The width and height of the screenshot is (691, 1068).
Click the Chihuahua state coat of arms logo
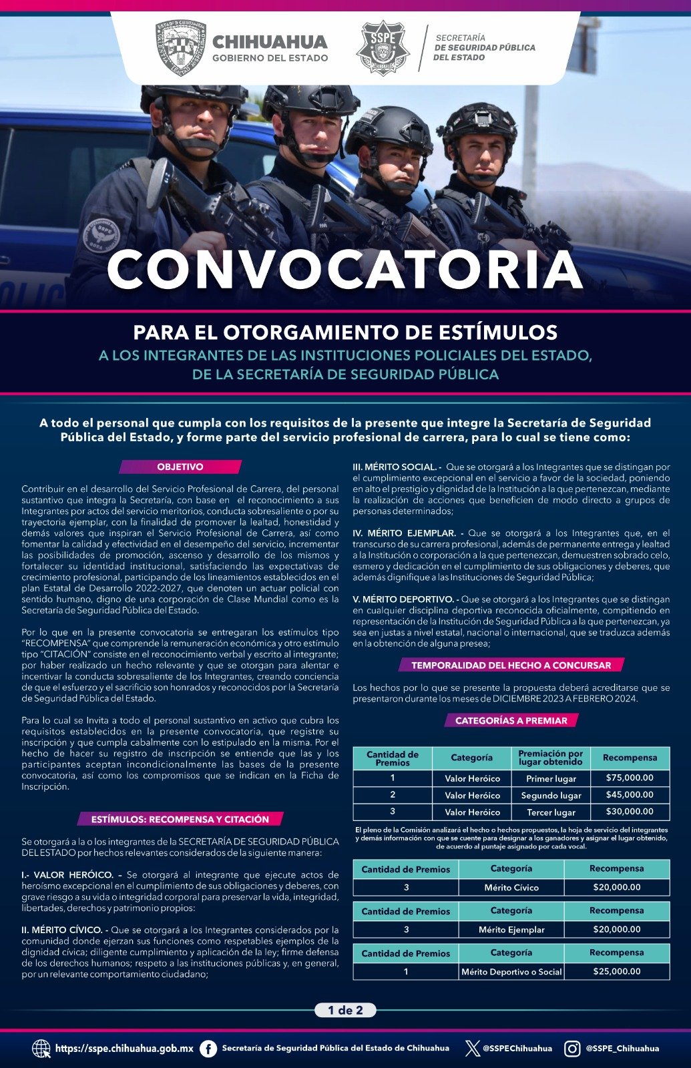[x=180, y=48]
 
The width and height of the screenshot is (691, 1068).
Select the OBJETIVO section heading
[x=180, y=467]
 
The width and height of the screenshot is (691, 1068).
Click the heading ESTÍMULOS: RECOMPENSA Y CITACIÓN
[x=180, y=819]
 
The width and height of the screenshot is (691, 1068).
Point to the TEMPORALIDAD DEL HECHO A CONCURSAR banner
[x=511, y=665]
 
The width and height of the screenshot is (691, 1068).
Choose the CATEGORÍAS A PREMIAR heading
[x=511, y=720]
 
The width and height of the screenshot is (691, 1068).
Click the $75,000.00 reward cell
[x=630, y=778]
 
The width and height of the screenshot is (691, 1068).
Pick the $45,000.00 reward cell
[x=630, y=794]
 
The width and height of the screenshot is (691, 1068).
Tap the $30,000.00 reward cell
[x=630, y=811]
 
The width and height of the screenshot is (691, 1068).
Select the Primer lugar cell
[x=551, y=778]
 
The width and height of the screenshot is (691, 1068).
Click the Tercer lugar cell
[x=551, y=812]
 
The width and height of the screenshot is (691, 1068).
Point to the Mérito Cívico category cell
[x=511, y=887]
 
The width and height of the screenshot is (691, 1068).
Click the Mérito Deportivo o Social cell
[x=511, y=972]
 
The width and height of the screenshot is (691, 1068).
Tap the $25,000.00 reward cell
[x=616, y=971]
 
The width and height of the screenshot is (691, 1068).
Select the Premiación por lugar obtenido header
[x=551, y=758]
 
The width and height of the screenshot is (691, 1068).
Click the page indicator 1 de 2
[x=345, y=1010]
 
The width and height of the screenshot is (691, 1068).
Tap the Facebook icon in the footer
[x=208, y=1049]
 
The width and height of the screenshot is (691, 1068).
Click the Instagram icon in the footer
[x=572, y=1049]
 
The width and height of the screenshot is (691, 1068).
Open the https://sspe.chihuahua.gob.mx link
[x=124, y=1049]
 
